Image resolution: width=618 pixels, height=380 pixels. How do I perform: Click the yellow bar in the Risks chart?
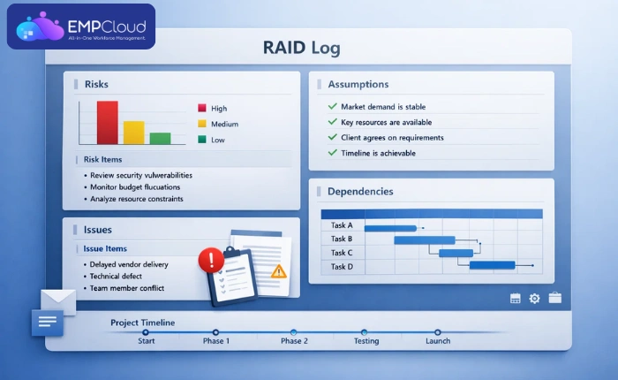tap(133, 132)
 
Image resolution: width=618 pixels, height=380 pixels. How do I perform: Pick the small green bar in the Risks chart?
tap(160, 138)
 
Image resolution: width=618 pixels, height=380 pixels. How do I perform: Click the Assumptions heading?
tap(358, 85)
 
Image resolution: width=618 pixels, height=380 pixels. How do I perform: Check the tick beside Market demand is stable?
tap(332, 107)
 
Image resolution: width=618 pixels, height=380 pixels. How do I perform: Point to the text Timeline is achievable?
tap(378, 153)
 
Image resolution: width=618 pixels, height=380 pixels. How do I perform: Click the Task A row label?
tap(342, 226)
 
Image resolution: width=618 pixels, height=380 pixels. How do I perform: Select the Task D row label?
tap(342, 266)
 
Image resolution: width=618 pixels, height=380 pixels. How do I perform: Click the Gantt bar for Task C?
tap(456, 253)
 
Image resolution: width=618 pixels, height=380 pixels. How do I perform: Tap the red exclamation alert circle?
tap(211, 260)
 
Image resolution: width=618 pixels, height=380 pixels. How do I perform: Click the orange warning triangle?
tap(278, 271)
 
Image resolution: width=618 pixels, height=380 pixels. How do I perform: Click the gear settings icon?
tap(534, 299)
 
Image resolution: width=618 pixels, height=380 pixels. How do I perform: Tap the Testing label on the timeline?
tap(366, 341)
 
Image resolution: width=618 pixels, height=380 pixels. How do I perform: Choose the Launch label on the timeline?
tap(438, 341)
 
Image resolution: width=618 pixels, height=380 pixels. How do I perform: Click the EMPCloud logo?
tap(81, 27)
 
